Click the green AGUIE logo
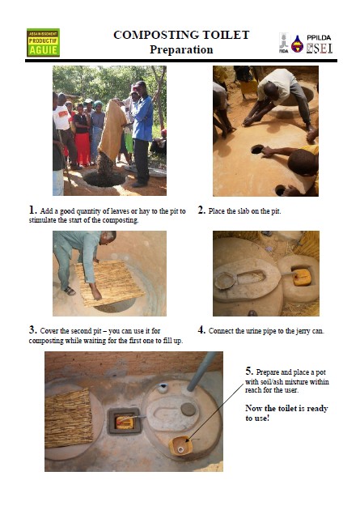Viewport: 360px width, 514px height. click(43, 42)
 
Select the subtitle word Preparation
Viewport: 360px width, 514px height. click(181, 49)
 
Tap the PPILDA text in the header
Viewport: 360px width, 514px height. click(319, 38)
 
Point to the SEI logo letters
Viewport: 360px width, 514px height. click(320, 49)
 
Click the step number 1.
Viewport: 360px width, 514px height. click(32, 210)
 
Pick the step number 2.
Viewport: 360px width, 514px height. click(201, 210)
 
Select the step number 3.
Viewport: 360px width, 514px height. click(32, 329)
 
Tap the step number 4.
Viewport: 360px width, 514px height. click(201, 329)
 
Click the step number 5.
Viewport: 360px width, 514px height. click(249, 371)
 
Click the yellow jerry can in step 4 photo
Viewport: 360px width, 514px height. click(302, 278)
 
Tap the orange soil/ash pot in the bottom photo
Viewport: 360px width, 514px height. click(180, 445)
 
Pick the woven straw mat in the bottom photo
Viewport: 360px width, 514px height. click(69, 418)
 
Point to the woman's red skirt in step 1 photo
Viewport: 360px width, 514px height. click(83, 149)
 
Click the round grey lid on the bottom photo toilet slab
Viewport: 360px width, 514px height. click(188, 409)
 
